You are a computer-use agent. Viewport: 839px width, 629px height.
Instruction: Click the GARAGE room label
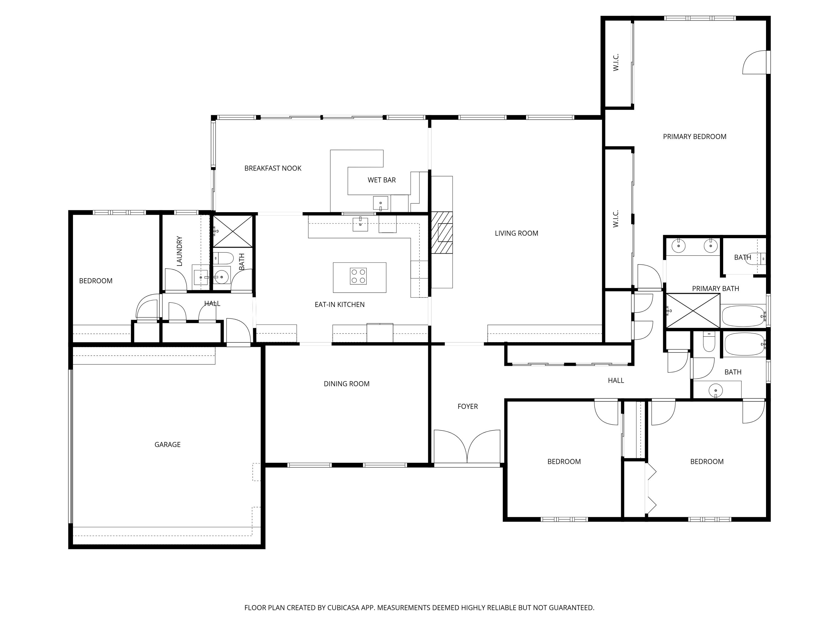coord(167,445)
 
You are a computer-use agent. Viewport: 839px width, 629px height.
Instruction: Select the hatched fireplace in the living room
coord(442,232)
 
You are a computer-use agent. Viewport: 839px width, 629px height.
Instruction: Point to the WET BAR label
coord(381,180)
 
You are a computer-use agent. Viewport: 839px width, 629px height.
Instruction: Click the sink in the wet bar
coord(380,203)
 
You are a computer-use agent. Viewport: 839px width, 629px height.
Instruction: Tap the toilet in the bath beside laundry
coord(223,259)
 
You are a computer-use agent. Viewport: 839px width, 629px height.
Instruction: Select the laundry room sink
coord(200,277)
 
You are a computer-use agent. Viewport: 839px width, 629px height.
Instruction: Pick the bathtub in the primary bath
coord(743,316)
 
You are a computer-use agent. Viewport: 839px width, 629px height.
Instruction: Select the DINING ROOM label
coord(346,384)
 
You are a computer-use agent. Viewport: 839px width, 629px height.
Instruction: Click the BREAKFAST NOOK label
coord(273,168)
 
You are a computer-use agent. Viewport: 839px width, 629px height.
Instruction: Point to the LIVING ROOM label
coord(516,233)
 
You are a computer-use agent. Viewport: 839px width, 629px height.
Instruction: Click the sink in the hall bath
coord(716,390)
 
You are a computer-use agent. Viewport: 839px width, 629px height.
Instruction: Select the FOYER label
coord(467,406)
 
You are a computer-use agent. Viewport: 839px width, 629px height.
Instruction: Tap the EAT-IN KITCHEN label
coord(340,304)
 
